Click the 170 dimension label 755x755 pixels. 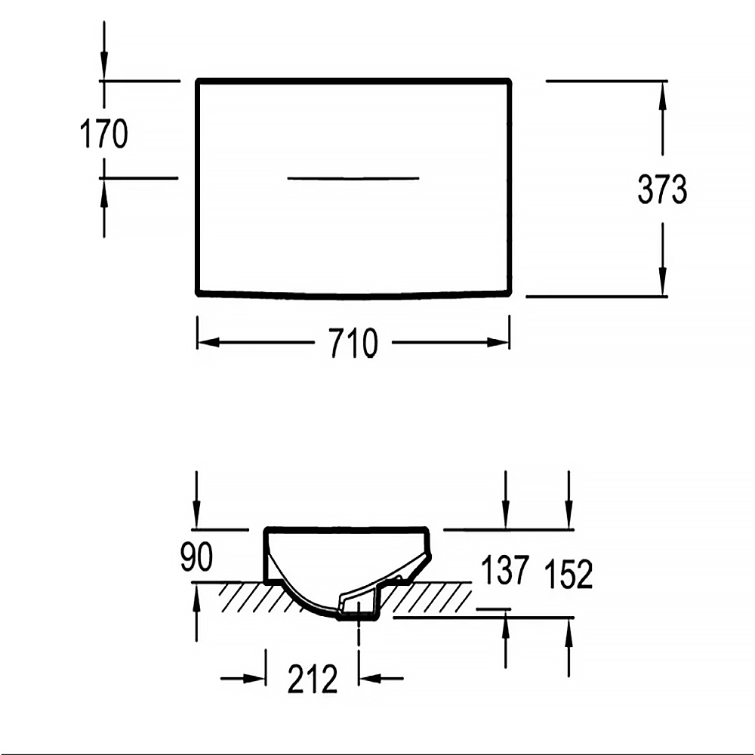click(x=104, y=134)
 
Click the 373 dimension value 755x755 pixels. click(x=662, y=189)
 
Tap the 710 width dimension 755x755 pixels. click(x=354, y=344)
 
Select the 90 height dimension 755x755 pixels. click(x=196, y=556)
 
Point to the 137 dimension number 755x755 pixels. click(x=505, y=570)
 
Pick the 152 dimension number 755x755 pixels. click(x=569, y=574)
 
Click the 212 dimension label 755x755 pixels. click(x=313, y=679)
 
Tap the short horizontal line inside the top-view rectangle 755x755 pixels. click(x=353, y=179)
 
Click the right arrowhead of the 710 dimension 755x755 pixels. click(x=498, y=342)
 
